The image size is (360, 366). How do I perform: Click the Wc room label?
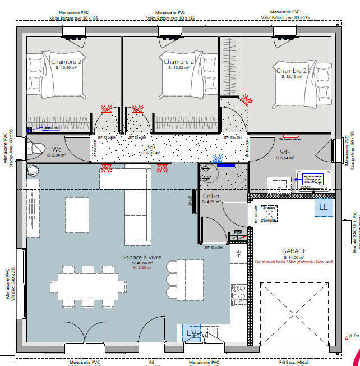pos(57,149)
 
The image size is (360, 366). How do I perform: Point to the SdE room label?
pos(285,152)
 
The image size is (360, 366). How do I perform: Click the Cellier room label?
pos(211,196)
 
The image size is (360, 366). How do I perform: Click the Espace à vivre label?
pos(142,257)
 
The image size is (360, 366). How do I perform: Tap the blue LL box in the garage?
pos(323,207)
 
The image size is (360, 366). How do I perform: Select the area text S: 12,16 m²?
pos(292,77)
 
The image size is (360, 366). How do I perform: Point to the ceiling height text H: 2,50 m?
pos(142,267)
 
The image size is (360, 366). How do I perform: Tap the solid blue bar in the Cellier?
pos(225,165)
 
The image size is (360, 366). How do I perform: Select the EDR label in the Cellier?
pos(237,232)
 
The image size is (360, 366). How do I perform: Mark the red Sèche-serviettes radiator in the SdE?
pos(290,136)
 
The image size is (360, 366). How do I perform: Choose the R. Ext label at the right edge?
pos(353,336)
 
